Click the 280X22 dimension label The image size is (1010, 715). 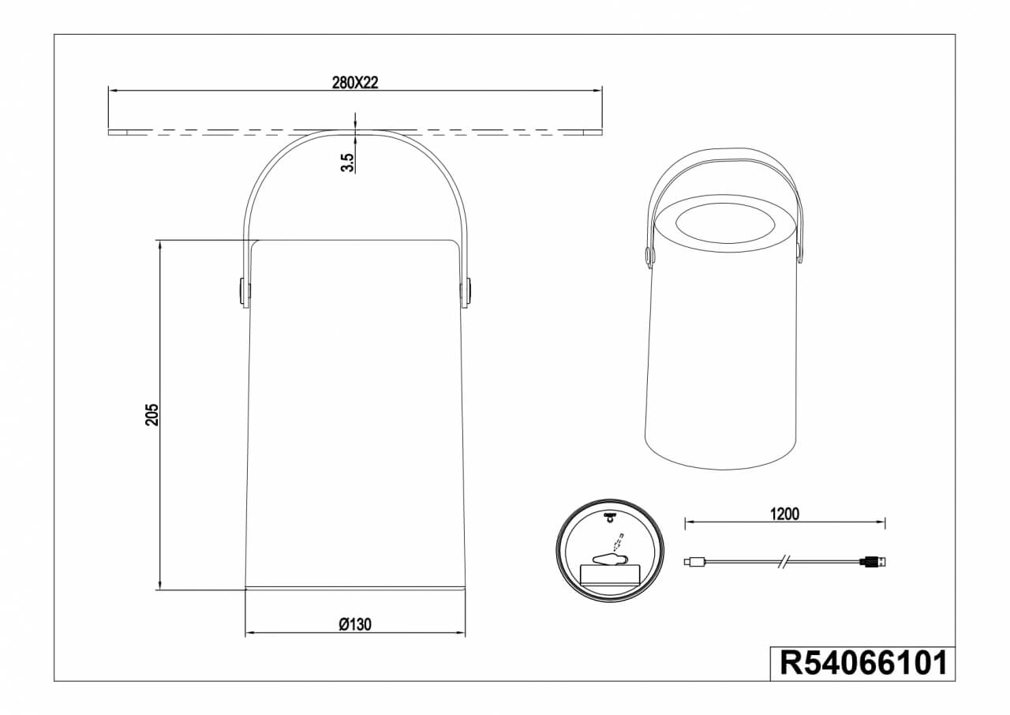pos(355,83)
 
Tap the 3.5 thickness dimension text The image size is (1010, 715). pos(347,163)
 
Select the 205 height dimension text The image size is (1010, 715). pos(152,414)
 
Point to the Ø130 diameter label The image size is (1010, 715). pos(355,624)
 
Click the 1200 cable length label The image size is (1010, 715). pos(784,514)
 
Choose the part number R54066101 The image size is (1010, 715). pos(863,663)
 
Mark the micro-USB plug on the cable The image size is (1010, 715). pos(692,562)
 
